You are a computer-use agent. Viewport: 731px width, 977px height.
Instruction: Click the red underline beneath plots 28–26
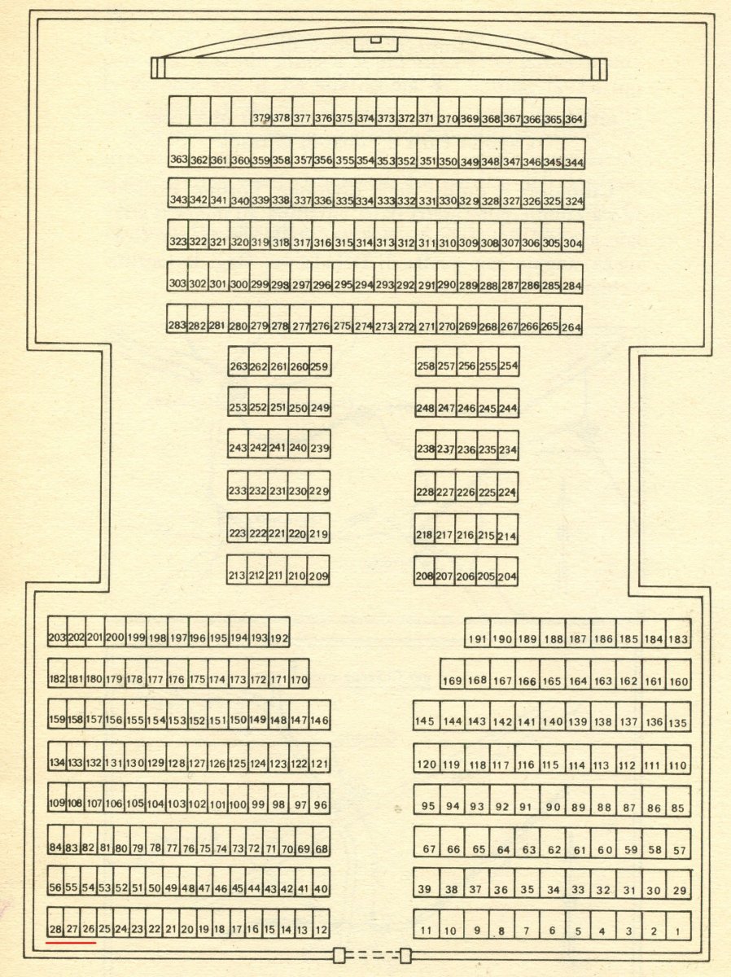tap(71, 942)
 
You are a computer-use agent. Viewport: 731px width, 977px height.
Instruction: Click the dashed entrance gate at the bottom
tap(372, 955)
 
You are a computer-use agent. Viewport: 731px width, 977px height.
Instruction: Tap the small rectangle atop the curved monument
tap(376, 40)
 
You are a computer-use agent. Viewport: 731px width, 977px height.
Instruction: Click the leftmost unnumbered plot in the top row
tap(179, 111)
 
